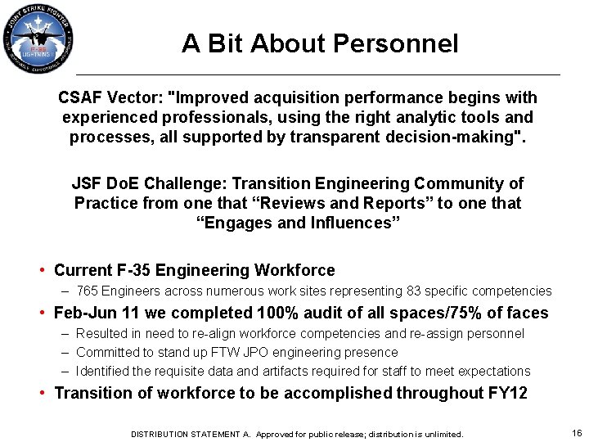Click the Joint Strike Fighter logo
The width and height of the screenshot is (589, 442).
(39, 40)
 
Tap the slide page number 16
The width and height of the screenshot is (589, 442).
(577, 433)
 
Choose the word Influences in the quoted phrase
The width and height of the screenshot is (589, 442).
(350, 222)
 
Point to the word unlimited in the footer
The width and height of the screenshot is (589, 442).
(442, 434)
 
